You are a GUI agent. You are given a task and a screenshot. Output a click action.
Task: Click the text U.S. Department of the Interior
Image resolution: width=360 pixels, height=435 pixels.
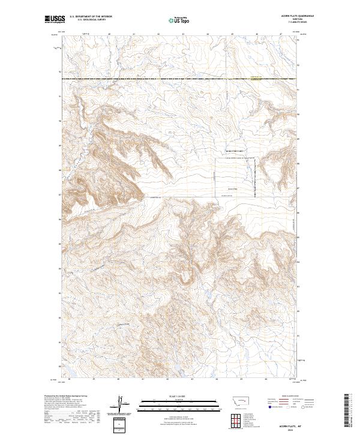[x=89, y=17]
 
